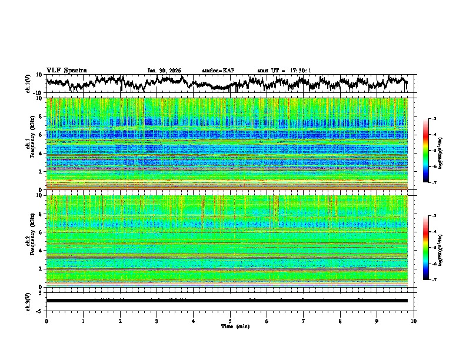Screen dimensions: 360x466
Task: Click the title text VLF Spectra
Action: pos(66,71)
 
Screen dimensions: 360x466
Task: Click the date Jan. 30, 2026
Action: pos(164,71)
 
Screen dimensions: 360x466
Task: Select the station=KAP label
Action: pos(218,71)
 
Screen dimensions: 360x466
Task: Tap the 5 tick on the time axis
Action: pos(230,321)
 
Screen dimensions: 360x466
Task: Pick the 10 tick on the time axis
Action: pos(414,321)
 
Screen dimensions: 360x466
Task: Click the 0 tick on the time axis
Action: pos(46,321)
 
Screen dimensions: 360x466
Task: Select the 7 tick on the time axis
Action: pos(304,321)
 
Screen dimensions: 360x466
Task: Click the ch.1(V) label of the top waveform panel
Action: pos(28,84)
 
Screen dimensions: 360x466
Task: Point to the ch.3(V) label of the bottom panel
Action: pos(28,300)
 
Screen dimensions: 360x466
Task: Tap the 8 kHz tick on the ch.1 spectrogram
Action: pos(41,116)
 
